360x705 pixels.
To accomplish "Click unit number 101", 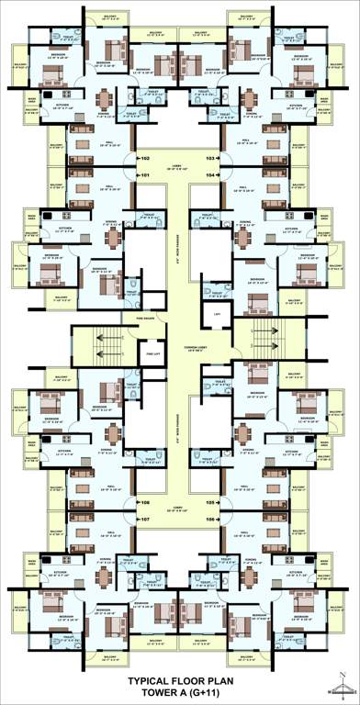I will pyautogui.click(x=144, y=174).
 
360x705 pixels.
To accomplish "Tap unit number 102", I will pyautogui.click(x=144, y=158).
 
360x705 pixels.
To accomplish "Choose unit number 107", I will pyautogui.click(x=144, y=520).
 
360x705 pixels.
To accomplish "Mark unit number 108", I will pyautogui.click(x=144, y=503).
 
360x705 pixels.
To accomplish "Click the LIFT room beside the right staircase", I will pyautogui.click(x=218, y=315).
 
